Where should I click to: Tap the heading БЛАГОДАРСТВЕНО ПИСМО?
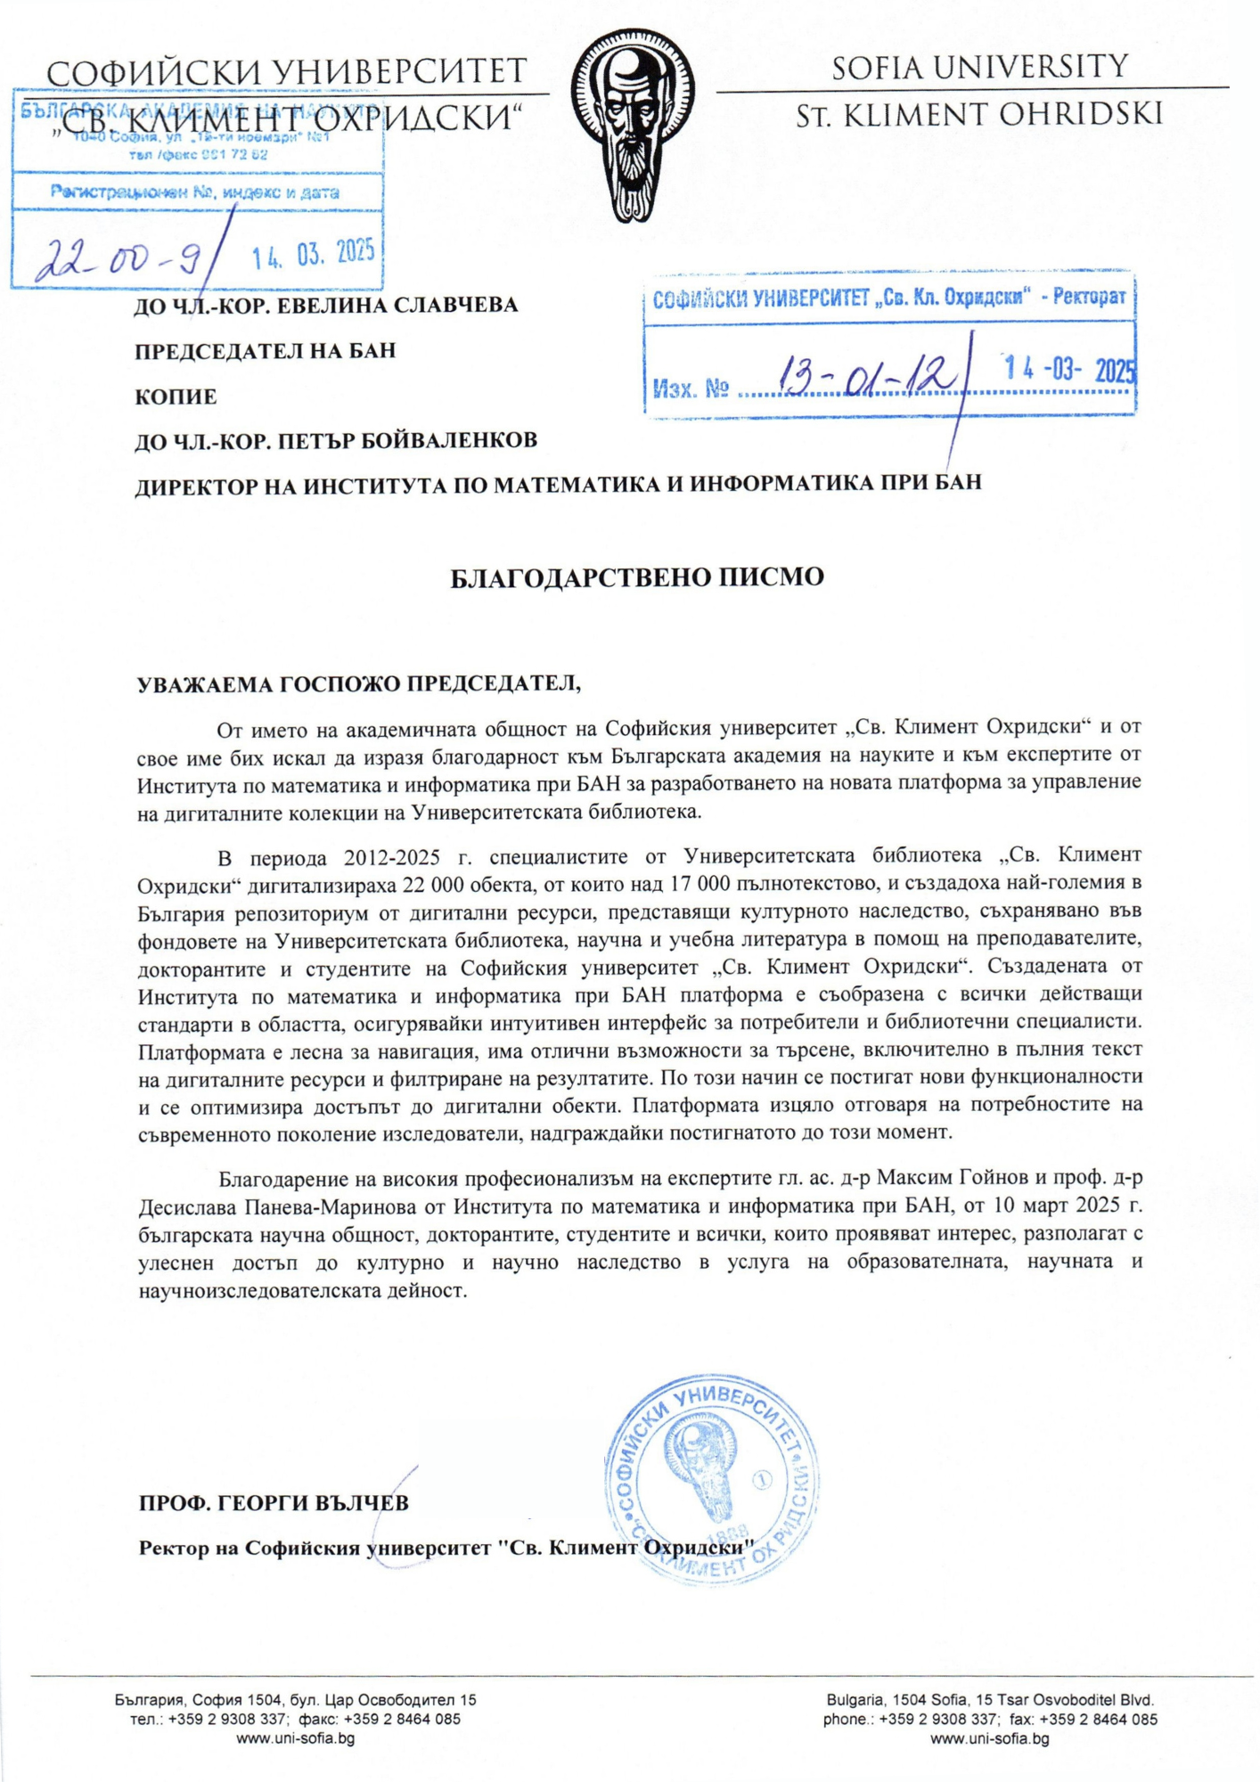point(636,577)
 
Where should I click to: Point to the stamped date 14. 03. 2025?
point(312,255)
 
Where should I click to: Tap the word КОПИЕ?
point(176,396)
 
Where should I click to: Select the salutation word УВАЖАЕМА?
point(205,684)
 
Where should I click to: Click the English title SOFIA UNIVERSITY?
point(980,67)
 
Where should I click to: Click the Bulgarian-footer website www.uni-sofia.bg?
point(295,1738)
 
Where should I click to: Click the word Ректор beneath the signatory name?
point(175,1548)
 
